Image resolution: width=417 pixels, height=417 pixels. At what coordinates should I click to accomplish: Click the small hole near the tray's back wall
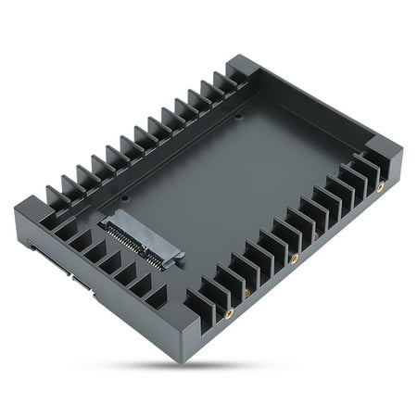(239, 117)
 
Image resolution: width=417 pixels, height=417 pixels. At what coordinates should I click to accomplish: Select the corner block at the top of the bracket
(243, 68)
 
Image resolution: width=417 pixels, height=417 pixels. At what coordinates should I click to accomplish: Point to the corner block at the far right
(385, 153)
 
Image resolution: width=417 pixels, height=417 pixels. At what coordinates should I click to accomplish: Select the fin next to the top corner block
(225, 83)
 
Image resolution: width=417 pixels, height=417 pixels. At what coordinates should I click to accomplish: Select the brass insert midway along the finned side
(295, 259)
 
